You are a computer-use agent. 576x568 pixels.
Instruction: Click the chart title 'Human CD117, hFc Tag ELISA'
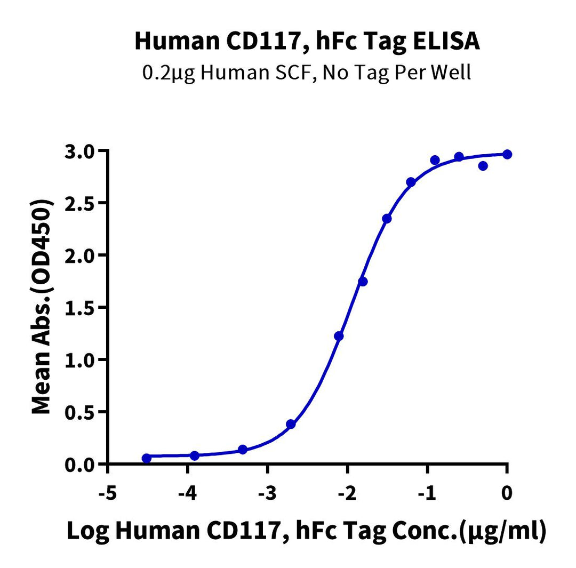coord(307,42)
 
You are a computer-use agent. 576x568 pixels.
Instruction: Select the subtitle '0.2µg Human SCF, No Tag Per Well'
coord(307,71)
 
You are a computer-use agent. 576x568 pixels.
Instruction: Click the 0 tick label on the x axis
coord(507,493)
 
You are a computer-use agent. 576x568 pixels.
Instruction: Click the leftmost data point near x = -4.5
coord(147,458)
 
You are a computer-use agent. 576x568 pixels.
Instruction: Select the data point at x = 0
coord(507,154)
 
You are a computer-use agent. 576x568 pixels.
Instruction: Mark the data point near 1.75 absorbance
coord(363,282)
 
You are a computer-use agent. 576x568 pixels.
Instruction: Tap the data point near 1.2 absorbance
coord(339,336)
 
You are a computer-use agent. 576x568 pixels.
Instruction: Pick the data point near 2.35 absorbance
coord(387,219)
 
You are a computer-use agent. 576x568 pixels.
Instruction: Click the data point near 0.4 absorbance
coord(291,424)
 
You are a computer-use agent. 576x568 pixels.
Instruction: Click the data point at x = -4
coord(194,455)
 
